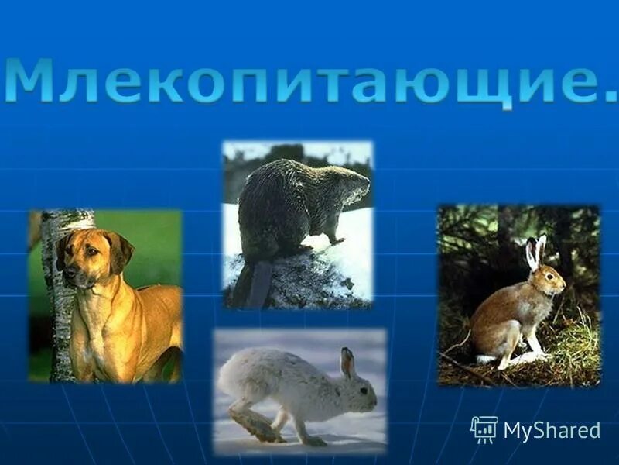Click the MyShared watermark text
click(x=551, y=430)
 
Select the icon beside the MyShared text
click(x=484, y=429)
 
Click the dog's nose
click(x=69, y=273)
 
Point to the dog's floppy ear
click(x=120, y=252)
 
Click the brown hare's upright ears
click(x=535, y=252)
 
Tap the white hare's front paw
click(x=313, y=441)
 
